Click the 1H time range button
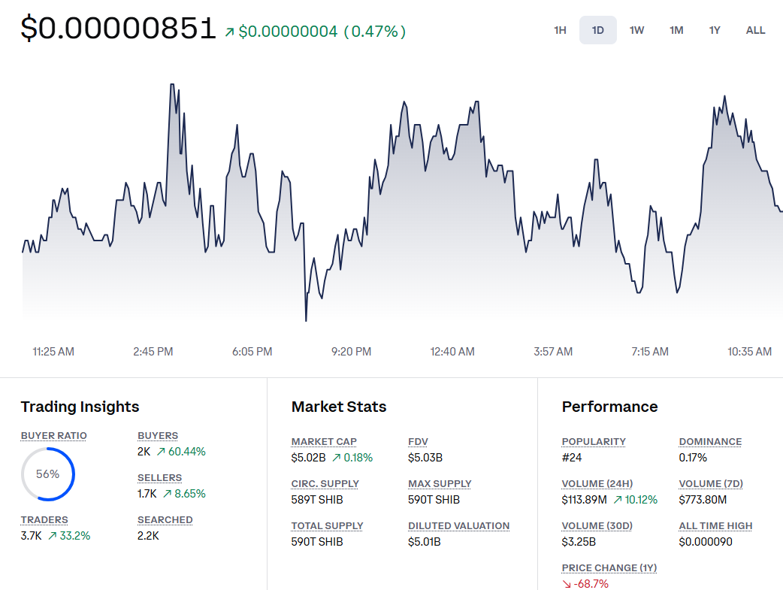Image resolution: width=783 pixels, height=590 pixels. coord(560,30)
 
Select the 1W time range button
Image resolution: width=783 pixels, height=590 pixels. coord(636,30)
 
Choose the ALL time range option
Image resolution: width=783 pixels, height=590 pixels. coord(755,30)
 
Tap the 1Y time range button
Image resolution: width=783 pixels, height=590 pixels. coord(715,30)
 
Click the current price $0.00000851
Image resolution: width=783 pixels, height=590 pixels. coord(119,29)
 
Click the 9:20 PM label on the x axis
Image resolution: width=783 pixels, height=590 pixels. coord(352,352)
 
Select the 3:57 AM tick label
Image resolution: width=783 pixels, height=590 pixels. coord(553,352)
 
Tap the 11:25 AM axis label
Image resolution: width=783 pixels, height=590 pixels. coord(53,352)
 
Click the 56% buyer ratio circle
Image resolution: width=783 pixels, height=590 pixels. coord(47,474)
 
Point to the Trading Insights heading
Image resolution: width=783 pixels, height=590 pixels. coord(80,407)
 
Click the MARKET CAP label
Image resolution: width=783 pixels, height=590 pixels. coord(324,442)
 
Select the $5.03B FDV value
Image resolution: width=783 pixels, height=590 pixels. coord(425,458)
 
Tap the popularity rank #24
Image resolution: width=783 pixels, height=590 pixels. coord(572,458)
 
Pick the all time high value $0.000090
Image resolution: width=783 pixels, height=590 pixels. coord(706,542)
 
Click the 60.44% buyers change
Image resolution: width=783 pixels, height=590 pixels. coord(186,452)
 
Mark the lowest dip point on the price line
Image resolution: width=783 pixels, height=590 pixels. coord(306,320)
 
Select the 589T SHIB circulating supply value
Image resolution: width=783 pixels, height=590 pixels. coord(316,500)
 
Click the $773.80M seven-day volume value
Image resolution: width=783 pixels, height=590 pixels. coord(703,500)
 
